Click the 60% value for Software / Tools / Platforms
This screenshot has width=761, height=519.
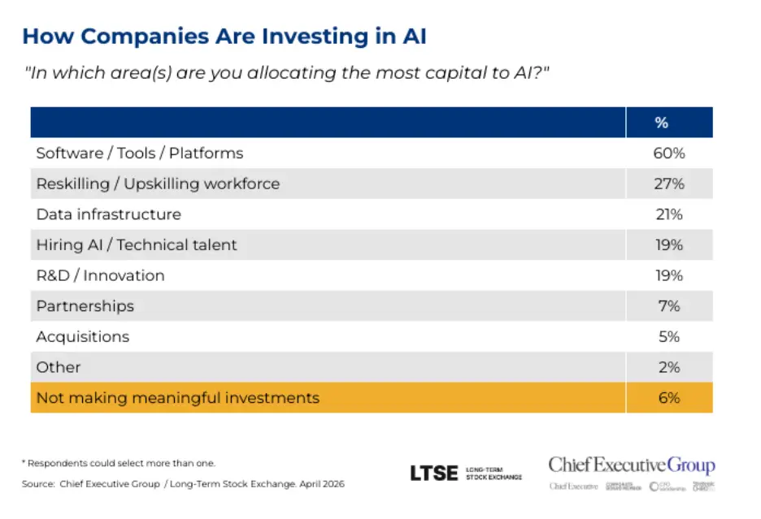669,153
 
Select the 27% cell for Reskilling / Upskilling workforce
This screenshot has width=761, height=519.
669,184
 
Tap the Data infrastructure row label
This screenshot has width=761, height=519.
108,214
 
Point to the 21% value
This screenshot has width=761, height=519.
669,214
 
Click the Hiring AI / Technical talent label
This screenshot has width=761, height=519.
137,244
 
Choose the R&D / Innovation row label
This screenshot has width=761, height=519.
100,275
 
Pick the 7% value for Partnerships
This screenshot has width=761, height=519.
669,306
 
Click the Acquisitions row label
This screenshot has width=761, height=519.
82,336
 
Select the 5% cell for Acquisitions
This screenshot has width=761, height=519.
669,336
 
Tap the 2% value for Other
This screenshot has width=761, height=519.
669,367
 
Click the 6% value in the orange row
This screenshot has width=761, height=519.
669,398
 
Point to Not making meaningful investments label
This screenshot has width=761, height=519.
177,398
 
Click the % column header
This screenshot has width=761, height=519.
661,123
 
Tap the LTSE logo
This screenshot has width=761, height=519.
433,473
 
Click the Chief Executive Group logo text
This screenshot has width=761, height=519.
631,465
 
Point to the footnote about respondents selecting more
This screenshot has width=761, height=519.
118,462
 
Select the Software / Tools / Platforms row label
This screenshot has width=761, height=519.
139,153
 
